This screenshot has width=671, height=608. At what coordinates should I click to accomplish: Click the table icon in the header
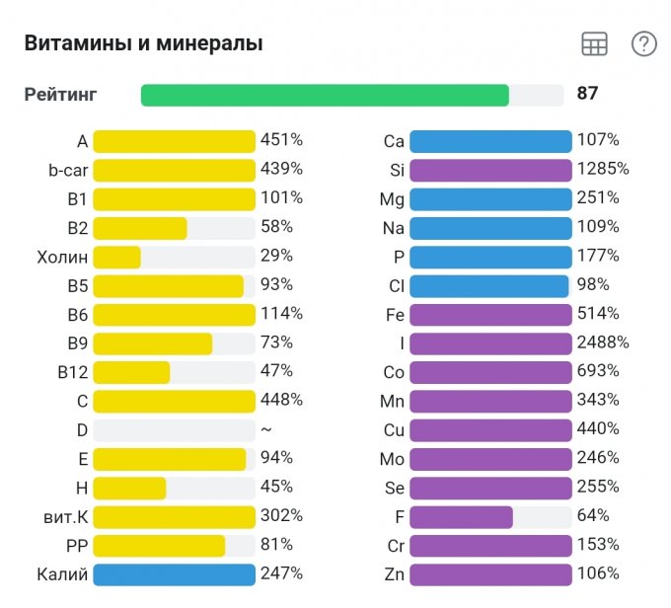(594, 43)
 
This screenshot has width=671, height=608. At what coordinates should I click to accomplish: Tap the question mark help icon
(644, 43)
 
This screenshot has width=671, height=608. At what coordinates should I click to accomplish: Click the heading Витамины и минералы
(143, 43)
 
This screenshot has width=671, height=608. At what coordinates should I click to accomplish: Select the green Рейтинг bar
(325, 95)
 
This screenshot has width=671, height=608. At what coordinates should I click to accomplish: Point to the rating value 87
(588, 94)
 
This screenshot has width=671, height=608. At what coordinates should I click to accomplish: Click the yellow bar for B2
(140, 228)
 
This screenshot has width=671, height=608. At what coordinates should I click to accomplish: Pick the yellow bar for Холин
(117, 257)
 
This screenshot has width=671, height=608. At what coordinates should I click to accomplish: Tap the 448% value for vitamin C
(281, 400)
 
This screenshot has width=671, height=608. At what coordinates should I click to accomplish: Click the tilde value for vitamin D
(265, 429)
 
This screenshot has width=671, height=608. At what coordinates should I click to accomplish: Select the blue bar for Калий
(174, 573)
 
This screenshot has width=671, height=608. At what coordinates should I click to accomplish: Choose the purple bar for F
(461, 516)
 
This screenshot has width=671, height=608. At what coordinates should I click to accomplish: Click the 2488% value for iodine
(602, 342)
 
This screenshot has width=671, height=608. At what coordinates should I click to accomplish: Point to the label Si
(397, 171)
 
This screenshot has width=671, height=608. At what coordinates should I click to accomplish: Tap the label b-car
(68, 171)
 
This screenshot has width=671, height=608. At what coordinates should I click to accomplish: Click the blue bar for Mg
(490, 199)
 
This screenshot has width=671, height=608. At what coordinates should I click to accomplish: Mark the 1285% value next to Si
(602, 169)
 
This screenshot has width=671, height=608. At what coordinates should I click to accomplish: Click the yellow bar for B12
(131, 372)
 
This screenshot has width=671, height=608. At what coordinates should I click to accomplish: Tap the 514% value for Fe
(598, 314)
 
